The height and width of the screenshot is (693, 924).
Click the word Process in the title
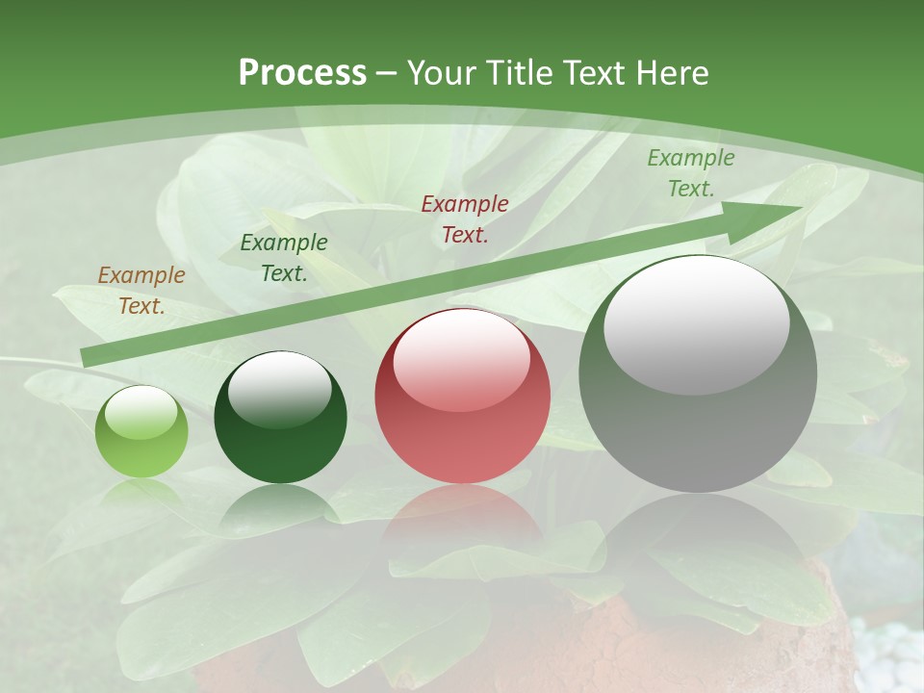tap(302, 72)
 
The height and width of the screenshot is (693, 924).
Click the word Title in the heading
tap(517, 73)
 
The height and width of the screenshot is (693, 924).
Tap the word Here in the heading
tap(671, 73)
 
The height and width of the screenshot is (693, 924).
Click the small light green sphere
tap(141, 432)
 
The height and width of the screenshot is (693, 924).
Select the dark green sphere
tap(280, 419)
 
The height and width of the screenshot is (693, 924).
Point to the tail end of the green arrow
tap(87, 357)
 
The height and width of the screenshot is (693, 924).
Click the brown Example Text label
tap(141, 291)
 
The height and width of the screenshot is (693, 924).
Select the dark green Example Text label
tap(284, 258)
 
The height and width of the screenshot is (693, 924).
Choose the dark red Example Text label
tap(465, 218)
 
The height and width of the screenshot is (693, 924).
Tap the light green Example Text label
tap(691, 173)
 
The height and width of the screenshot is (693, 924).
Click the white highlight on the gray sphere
tap(697, 322)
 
